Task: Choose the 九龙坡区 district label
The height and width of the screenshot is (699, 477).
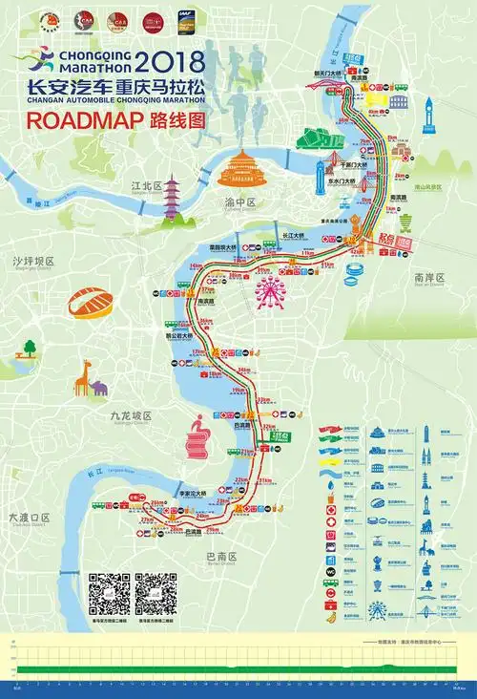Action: point(131,415)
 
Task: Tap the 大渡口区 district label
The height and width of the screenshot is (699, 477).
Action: point(29,517)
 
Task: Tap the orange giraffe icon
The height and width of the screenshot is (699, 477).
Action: point(83,377)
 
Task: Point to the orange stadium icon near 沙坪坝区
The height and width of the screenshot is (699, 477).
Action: point(91,305)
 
